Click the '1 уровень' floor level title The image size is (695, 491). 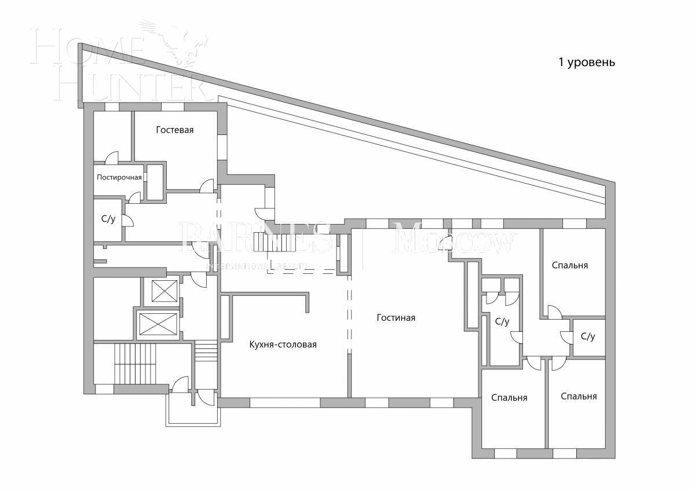pos(586,63)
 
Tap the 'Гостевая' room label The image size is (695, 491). pos(174,130)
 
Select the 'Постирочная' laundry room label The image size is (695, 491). pos(119,177)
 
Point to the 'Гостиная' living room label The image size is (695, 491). pos(396,318)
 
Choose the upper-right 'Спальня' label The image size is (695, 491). pos(569,265)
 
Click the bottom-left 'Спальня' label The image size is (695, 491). pos(509,398)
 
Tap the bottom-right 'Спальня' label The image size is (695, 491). pos(579,397)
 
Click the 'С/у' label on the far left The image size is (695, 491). pos(108,219)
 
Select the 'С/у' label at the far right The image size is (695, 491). pos(587,336)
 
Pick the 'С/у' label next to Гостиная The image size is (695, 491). pos(502,321)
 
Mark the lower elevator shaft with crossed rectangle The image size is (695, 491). pos(158,324)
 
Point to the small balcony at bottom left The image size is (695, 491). pos(193,412)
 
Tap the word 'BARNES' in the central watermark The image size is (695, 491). pos(255,238)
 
